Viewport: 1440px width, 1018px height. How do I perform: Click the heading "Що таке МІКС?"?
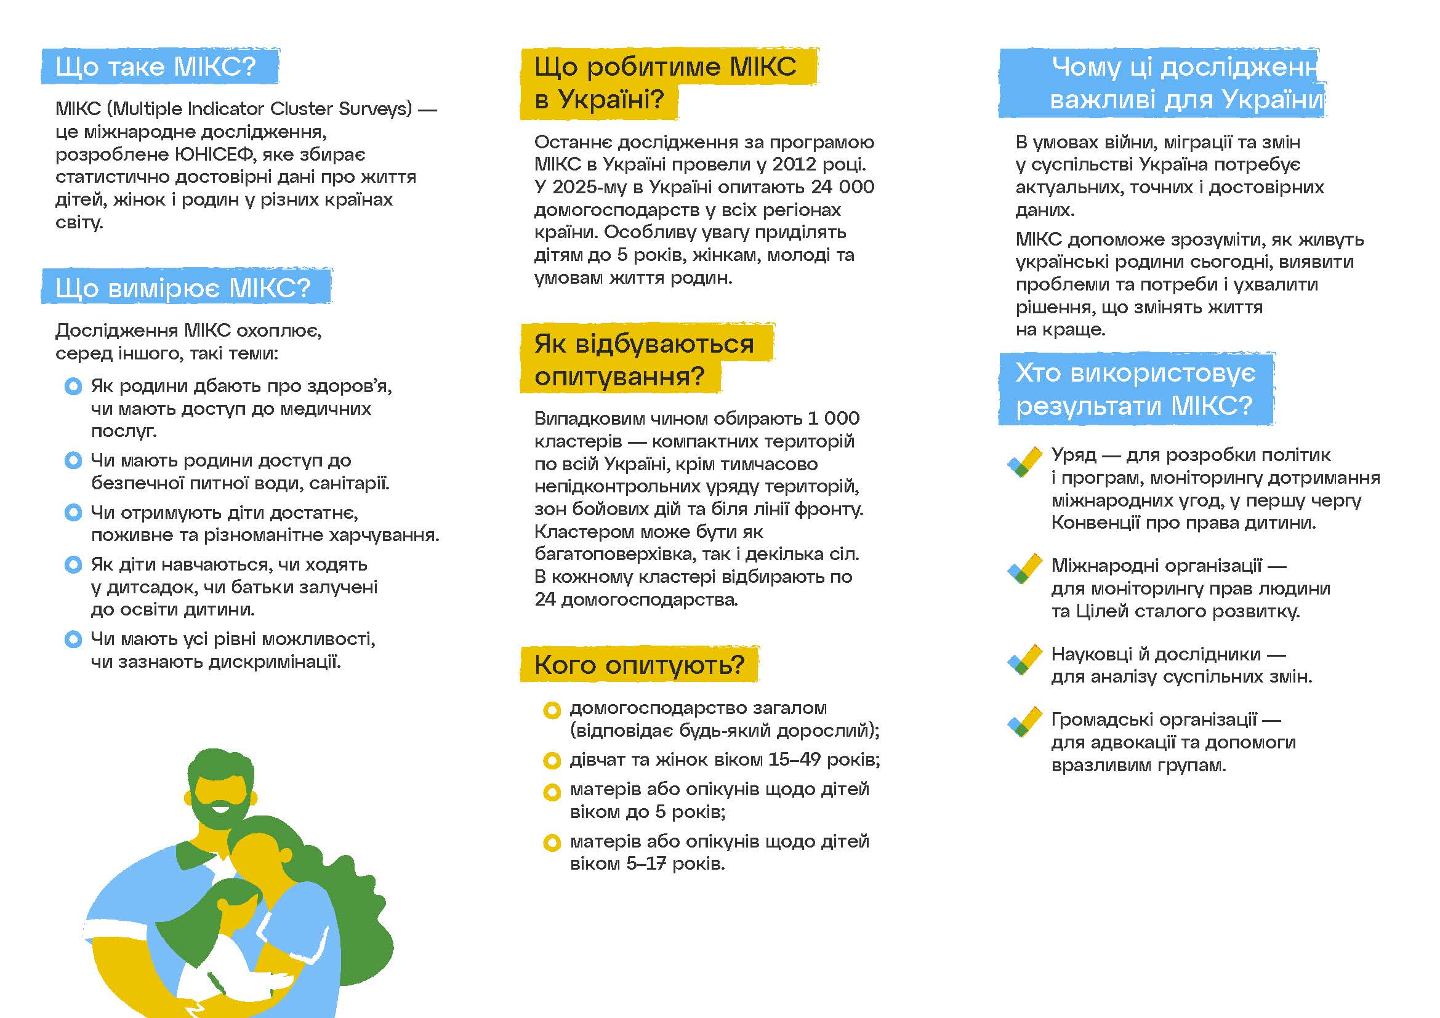point(156,66)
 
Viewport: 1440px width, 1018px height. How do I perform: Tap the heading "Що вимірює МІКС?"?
point(182,287)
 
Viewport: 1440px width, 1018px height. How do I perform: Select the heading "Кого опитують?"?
point(638,665)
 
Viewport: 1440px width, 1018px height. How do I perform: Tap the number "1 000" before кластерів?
point(834,418)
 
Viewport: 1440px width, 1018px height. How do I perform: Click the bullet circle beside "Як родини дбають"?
point(73,386)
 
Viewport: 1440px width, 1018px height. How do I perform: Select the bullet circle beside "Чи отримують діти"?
point(73,513)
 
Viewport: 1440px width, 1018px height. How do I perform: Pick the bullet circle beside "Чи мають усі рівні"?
point(73,639)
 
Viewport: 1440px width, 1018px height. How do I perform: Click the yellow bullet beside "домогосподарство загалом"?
point(551,710)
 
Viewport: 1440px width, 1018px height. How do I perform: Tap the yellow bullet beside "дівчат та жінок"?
point(551,761)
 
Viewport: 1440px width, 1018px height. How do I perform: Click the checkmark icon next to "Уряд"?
point(1024,462)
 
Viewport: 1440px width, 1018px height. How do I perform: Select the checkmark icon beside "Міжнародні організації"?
point(1024,569)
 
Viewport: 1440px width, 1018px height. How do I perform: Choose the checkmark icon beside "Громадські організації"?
point(1024,722)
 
